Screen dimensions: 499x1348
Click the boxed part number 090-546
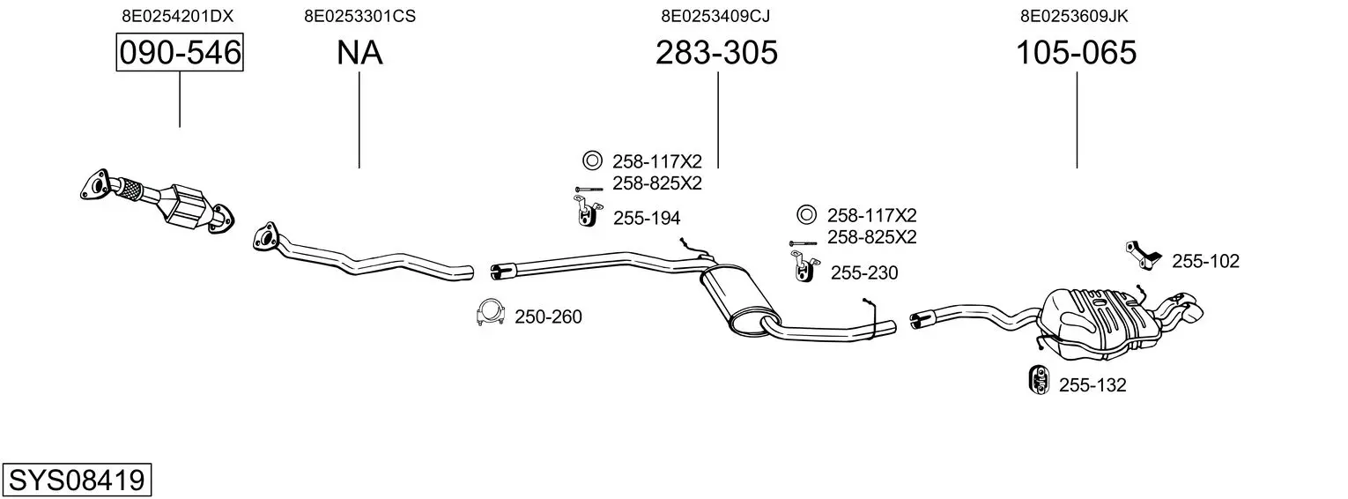point(180,53)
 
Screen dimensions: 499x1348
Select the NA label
point(359,53)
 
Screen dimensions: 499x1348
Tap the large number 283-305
point(716,53)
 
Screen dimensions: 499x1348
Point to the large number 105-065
point(1076,53)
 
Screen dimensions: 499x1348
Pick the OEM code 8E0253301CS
point(359,15)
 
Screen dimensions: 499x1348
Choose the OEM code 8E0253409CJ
point(716,15)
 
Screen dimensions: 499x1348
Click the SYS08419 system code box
point(77,480)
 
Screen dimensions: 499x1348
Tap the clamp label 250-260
point(548,317)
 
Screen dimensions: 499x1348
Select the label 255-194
point(647,218)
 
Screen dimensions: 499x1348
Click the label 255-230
point(864,273)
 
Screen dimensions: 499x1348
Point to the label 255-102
point(1205,261)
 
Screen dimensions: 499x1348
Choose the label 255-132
point(1092,385)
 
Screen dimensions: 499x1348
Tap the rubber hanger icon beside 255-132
point(1039,379)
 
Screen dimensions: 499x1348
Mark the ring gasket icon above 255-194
point(591,160)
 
